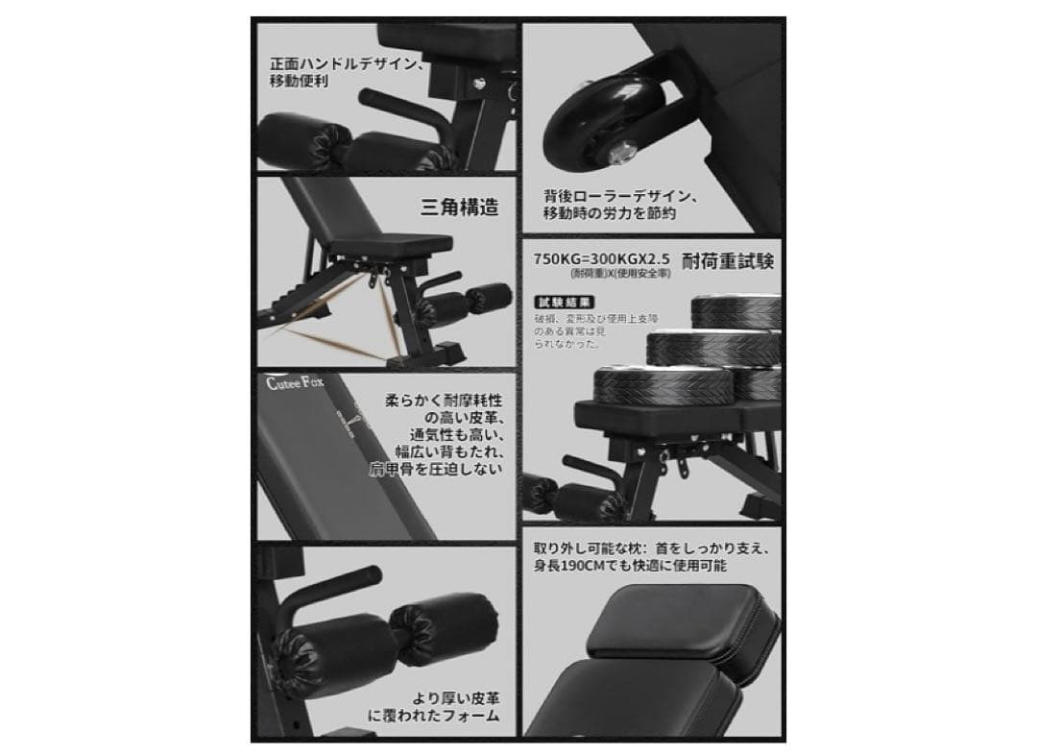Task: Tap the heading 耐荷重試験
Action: tap(728, 260)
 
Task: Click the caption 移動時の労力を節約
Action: tap(610, 213)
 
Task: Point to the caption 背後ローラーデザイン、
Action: tap(621, 196)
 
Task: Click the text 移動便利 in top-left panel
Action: tap(299, 82)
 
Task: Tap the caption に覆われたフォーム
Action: tap(433, 716)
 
